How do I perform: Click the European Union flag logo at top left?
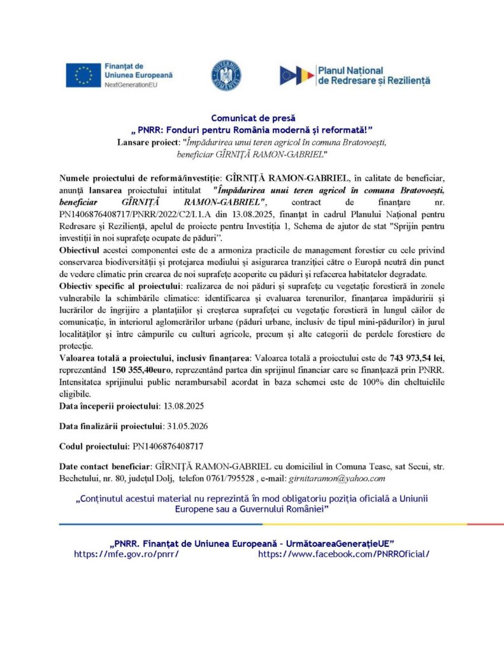[83, 75]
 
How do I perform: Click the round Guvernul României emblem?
[226, 75]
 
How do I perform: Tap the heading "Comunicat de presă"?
[252, 118]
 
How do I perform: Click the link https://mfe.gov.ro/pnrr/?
[126, 554]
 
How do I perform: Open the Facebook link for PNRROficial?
[343, 554]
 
